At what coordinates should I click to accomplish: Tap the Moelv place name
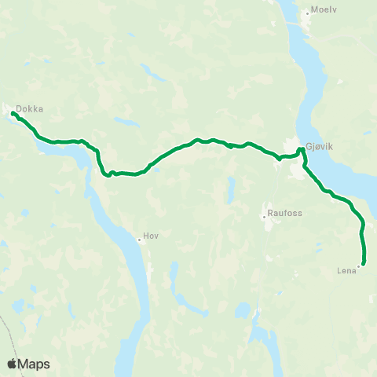pyautogui.click(x=323, y=12)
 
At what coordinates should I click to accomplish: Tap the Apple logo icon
pyautogui.click(x=13, y=364)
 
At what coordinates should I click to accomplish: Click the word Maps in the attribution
pyautogui.click(x=35, y=364)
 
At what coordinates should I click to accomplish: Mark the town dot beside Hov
pyautogui.click(x=138, y=239)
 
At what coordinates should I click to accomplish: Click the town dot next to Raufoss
pyautogui.click(x=265, y=216)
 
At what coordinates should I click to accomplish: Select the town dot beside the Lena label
pyautogui.click(x=359, y=266)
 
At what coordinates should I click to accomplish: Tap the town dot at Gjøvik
pyautogui.click(x=301, y=150)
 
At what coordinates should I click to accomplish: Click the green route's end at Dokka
pyautogui.click(x=13, y=114)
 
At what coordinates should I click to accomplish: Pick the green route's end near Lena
pyautogui.click(x=363, y=264)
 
